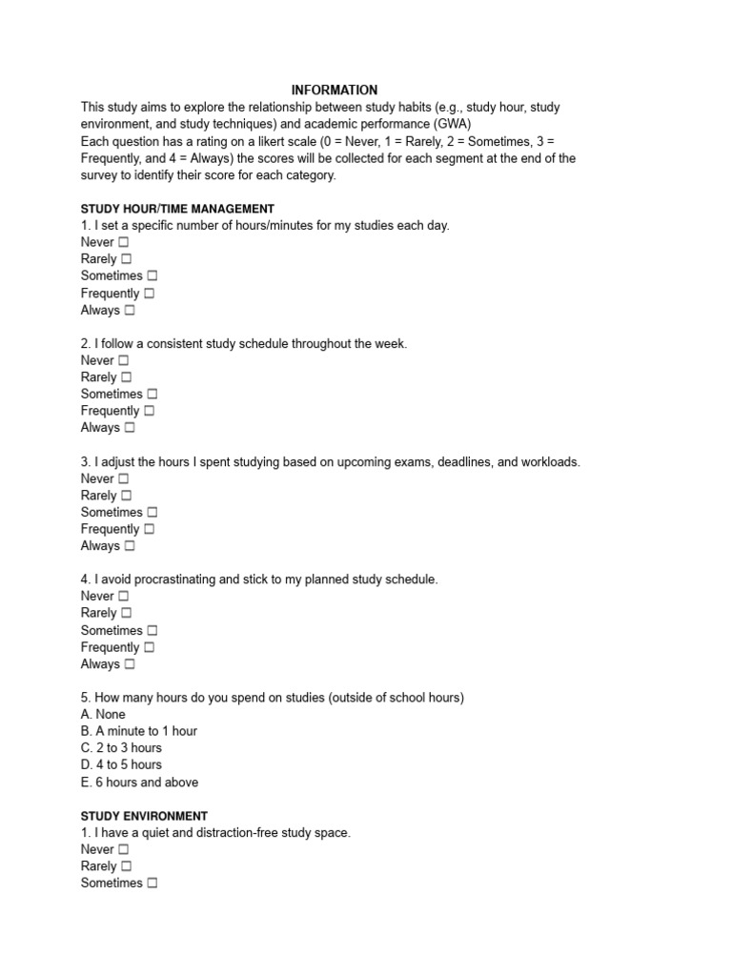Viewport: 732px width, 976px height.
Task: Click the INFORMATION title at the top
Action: pyautogui.click(x=334, y=90)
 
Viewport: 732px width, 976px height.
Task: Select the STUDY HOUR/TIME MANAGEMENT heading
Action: pyautogui.click(x=177, y=209)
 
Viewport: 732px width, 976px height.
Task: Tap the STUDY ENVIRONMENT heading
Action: pyautogui.click(x=144, y=816)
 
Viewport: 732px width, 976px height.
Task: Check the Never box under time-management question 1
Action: pyautogui.click(x=123, y=243)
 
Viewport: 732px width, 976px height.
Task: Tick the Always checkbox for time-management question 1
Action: pyautogui.click(x=130, y=311)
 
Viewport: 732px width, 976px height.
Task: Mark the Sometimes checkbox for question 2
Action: pyautogui.click(x=152, y=395)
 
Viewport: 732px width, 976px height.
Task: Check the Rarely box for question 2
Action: pyautogui.click(x=126, y=377)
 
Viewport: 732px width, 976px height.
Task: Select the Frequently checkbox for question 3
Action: pyautogui.click(x=149, y=529)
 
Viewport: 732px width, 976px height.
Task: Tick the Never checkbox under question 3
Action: pyautogui.click(x=123, y=479)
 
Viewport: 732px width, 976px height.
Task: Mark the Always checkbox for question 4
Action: pyautogui.click(x=130, y=664)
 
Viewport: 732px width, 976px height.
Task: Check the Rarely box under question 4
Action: pyautogui.click(x=126, y=614)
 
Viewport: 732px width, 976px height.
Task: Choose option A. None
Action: pyautogui.click(x=103, y=714)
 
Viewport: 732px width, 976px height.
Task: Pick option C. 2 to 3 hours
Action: pyautogui.click(x=121, y=748)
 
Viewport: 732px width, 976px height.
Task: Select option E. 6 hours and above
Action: pyautogui.click(x=139, y=783)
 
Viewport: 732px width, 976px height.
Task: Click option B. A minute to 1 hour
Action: pyautogui.click(x=139, y=731)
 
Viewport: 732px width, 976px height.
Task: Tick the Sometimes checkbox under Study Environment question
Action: pyautogui.click(x=152, y=884)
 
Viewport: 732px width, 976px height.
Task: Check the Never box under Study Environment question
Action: pyautogui.click(x=123, y=850)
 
